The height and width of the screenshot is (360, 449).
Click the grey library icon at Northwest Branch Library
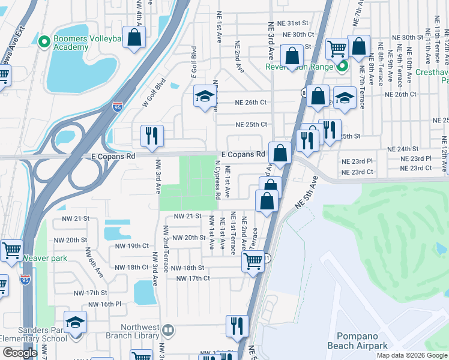click(x=169, y=329)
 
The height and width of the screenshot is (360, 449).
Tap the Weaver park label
click(x=45, y=258)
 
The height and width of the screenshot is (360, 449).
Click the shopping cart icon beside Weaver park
click(x=12, y=251)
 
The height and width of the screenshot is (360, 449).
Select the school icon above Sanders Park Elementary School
click(x=76, y=322)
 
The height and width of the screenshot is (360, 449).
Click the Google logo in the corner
click(x=19, y=353)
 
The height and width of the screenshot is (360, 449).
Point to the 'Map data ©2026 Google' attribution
click(x=411, y=355)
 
